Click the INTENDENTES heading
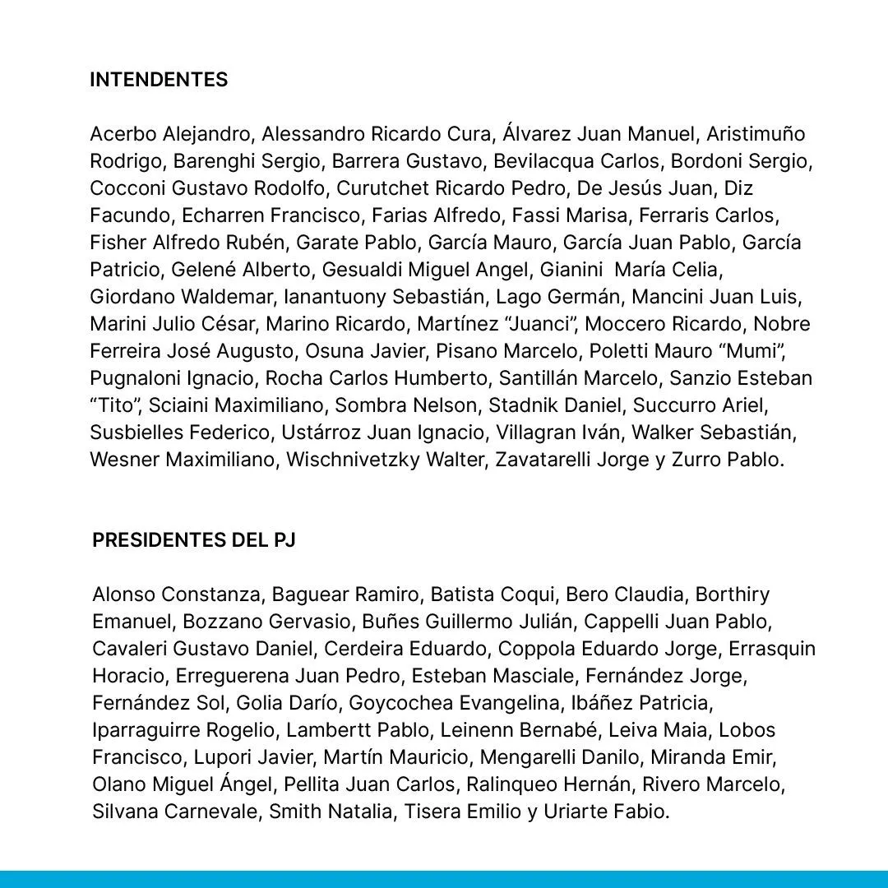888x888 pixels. [x=159, y=80]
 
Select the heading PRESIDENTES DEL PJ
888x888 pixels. [x=194, y=540]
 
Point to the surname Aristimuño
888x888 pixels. [x=755, y=134]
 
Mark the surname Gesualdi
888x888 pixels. [x=358, y=270]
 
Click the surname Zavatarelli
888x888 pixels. [x=545, y=460]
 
